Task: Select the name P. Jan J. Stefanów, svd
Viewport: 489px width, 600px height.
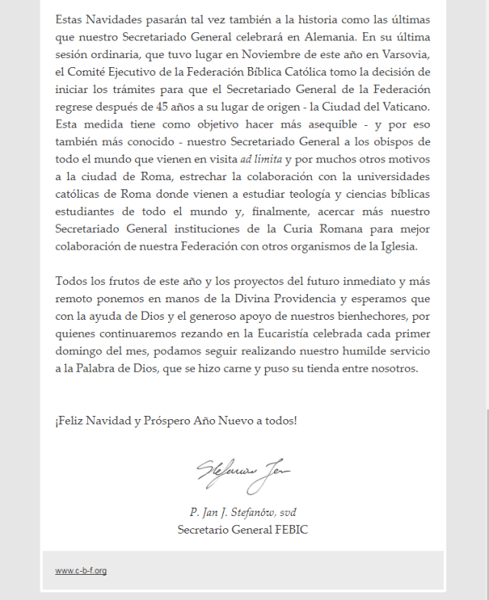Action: click(243, 511)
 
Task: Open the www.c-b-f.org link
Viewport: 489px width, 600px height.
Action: click(80, 571)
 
